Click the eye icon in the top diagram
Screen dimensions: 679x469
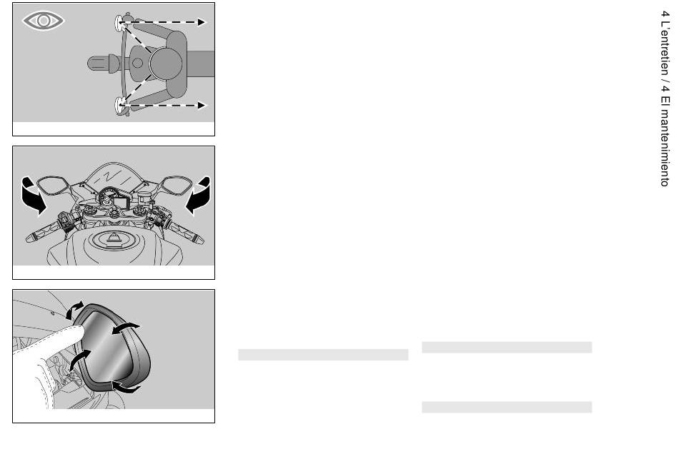pyautogui.click(x=44, y=21)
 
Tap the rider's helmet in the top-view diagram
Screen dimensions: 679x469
pyautogui.click(x=166, y=64)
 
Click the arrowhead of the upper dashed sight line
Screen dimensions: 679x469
pyautogui.click(x=202, y=22)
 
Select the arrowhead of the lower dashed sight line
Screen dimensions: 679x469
pyautogui.click(x=202, y=105)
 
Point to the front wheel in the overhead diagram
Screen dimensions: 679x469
pyautogui.click(x=103, y=64)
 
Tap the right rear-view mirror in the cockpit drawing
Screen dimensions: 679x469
pyautogui.click(x=176, y=184)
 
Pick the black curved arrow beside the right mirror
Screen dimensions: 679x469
pyautogui.click(x=199, y=196)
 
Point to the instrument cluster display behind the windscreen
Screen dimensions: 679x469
pyautogui.click(x=119, y=201)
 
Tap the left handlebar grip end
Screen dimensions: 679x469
pyautogui.click(x=31, y=237)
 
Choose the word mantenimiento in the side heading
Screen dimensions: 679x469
pyautogui.click(x=665, y=146)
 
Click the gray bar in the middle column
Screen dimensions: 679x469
pyautogui.click(x=323, y=355)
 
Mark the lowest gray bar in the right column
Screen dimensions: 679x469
pyautogui.click(x=507, y=407)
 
